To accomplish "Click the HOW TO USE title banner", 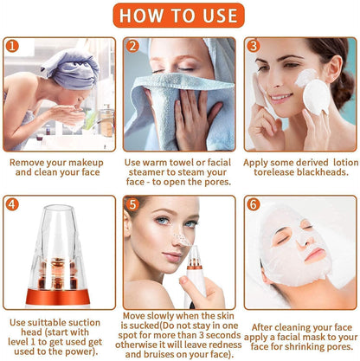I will pos(180,16).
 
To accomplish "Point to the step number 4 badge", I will pos(12,205).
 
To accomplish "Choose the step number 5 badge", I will pos(132,205).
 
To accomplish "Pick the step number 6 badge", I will pos(253,205).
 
